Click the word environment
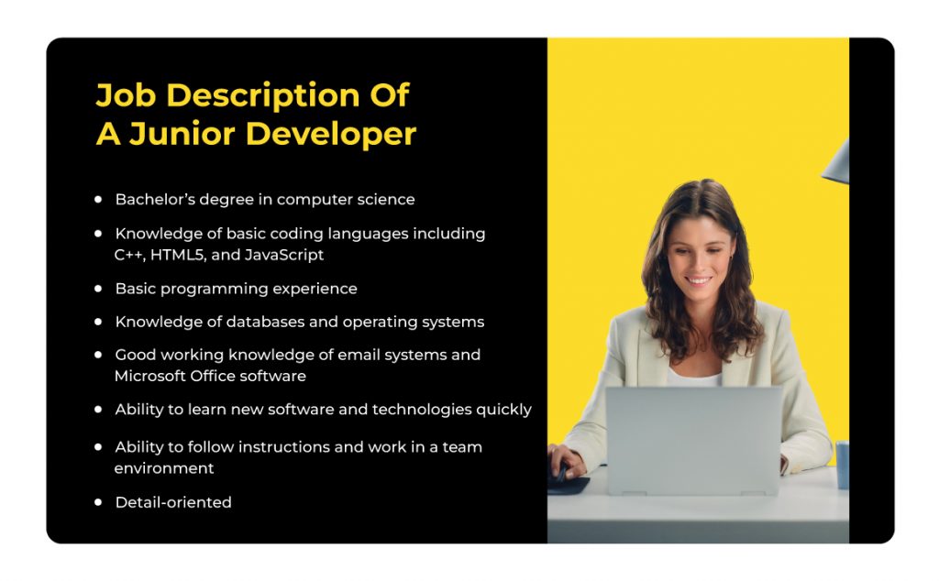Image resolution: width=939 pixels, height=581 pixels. click(164, 468)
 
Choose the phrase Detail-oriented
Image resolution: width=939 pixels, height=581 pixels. click(173, 502)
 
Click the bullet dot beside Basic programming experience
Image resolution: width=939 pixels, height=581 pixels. click(98, 288)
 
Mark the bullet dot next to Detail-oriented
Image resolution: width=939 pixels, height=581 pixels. click(98, 502)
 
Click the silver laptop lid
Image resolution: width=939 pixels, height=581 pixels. click(693, 438)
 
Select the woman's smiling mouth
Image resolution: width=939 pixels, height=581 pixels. click(699, 280)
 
